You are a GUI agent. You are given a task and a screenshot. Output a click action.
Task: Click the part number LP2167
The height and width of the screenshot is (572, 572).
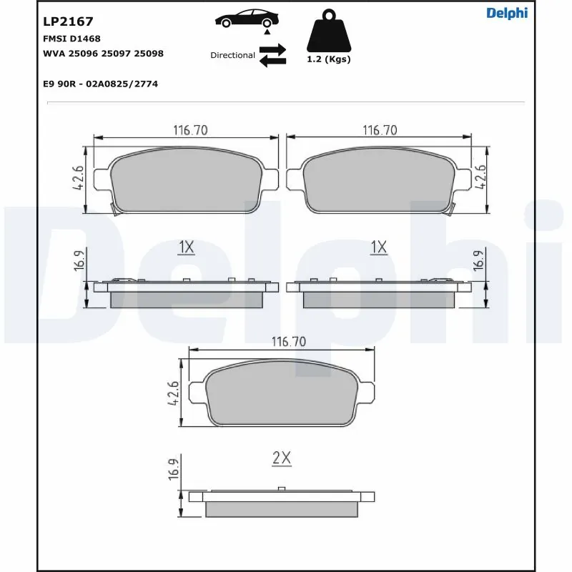click(69, 22)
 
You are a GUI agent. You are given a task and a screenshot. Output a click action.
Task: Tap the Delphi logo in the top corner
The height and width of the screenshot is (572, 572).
click(507, 13)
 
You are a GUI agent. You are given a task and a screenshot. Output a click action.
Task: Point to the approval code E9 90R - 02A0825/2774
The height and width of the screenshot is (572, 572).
click(101, 84)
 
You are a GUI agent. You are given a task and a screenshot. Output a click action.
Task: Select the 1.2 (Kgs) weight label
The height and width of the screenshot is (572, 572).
click(329, 59)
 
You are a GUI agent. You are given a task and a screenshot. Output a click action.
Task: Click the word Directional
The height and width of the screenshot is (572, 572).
click(232, 55)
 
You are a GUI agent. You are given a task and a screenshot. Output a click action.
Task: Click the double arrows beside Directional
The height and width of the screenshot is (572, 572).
click(272, 55)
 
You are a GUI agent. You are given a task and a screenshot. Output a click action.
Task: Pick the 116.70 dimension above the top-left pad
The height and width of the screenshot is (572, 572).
click(190, 130)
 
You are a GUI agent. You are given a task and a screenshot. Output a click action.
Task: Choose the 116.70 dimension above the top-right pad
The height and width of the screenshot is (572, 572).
click(380, 130)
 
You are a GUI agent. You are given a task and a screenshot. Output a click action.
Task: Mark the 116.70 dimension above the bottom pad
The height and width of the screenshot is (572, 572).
click(288, 342)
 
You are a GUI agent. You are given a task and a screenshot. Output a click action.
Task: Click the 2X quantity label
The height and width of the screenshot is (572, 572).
click(282, 458)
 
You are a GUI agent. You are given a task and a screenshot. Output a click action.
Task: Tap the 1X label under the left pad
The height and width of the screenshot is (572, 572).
click(186, 247)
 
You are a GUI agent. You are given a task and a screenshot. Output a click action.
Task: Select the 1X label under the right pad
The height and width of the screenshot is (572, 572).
click(378, 247)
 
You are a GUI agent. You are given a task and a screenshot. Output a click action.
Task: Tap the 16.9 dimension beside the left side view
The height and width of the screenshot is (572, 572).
click(79, 262)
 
